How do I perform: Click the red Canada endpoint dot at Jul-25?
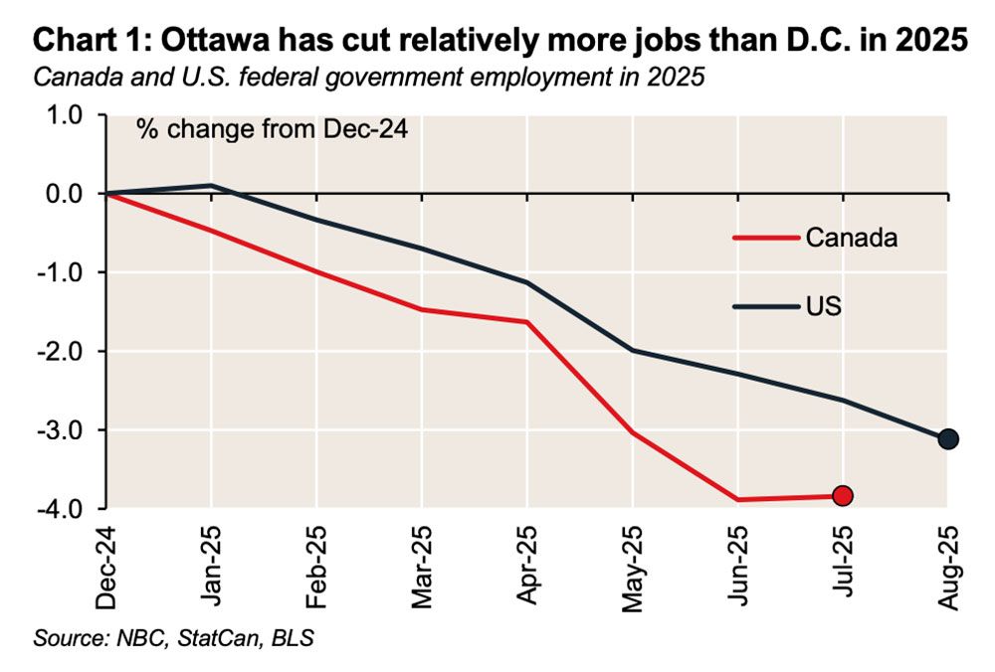pyautogui.click(x=842, y=495)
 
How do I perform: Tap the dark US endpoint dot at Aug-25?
pyautogui.click(x=947, y=438)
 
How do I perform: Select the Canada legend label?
pyautogui.click(x=852, y=238)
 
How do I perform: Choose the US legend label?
pyautogui.click(x=824, y=306)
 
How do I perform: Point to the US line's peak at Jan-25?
pyautogui.click(x=211, y=185)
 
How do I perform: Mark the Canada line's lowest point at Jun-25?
pyautogui.click(x=737, y=499)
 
